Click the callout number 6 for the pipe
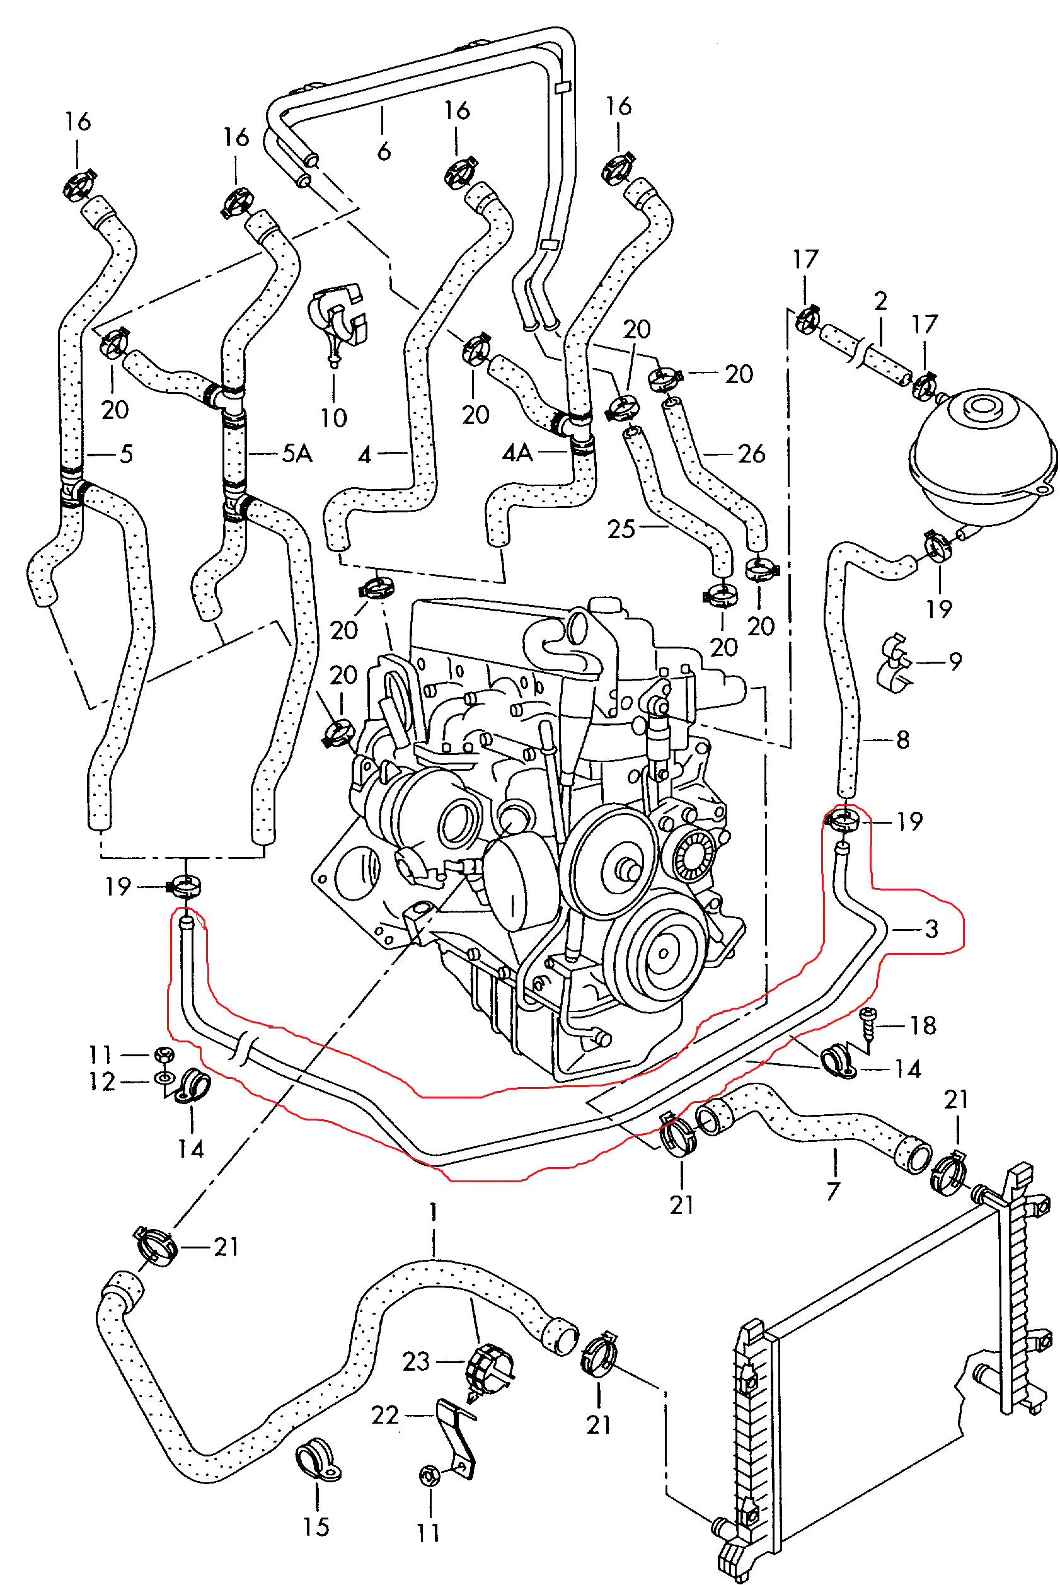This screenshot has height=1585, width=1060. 384,151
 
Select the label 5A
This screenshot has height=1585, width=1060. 297,454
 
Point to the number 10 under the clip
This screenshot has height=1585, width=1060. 333,418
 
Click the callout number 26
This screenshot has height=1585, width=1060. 752,454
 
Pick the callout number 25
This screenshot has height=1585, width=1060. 621,529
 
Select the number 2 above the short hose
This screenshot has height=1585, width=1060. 880,301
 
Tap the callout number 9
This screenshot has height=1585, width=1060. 955,661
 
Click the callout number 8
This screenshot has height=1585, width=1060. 902,740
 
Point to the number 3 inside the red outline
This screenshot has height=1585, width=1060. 931,930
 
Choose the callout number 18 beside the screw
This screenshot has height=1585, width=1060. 923,1025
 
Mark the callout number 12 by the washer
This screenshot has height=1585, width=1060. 102,1081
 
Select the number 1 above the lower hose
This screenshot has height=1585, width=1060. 434,1212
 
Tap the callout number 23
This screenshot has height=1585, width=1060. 416,1361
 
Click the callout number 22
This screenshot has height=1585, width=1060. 385,1415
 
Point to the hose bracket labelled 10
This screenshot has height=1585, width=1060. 336,318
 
